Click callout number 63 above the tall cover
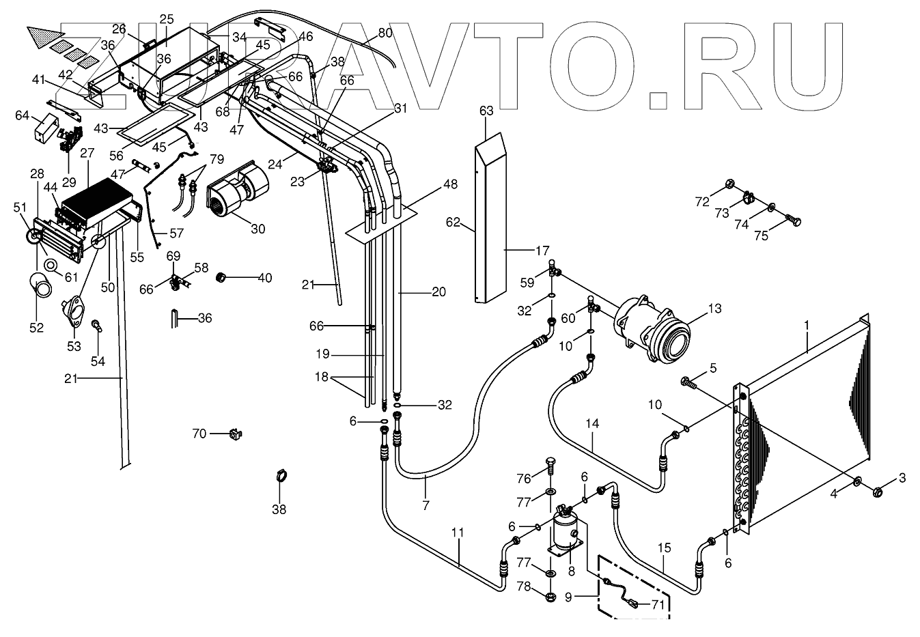tap(486, 111)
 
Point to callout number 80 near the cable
tap(385, 32)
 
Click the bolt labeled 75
tap(793, 221)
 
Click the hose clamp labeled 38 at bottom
tap(280, 477)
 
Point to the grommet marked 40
tap(221, 277)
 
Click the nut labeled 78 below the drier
tap(550, 598)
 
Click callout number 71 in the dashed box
tap(658, 604)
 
